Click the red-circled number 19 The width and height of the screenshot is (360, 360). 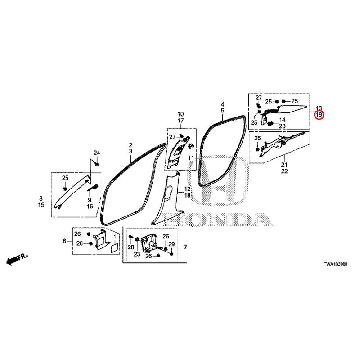point(319,114)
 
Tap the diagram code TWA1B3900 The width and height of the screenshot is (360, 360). point(335,264)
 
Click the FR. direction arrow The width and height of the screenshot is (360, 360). point(17,259)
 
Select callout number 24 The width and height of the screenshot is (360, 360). point(97,153)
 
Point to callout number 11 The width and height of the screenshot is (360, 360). point(191,158)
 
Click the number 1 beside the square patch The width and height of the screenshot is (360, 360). point(115,236)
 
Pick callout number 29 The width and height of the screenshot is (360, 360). point(171,244)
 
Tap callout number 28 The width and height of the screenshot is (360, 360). point(131,247)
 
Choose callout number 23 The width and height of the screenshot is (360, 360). point(137,254)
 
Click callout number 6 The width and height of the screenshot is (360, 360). point(64,241)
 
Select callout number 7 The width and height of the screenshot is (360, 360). point(185,247)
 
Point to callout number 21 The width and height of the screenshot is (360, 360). point(284,165)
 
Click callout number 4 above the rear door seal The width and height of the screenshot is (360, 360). point(222,104)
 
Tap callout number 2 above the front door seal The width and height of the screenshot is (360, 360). point(130,145)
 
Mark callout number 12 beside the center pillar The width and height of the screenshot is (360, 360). point(187,189)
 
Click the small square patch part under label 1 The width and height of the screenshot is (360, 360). point(114,248)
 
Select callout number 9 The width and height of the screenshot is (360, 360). point(90,200)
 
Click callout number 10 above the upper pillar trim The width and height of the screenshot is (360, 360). point(181,114)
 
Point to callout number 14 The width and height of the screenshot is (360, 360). point(283,120)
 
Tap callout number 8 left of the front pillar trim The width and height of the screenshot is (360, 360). point(41,198)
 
